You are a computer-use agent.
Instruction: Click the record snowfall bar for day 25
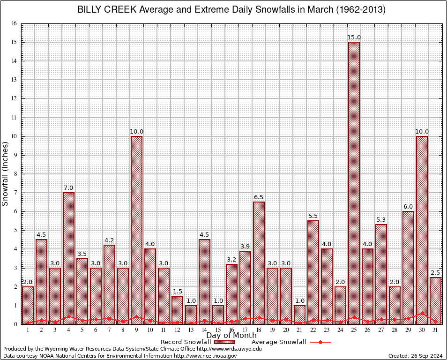[x=354, y=183]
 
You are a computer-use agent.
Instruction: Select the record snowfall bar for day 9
[x=136, y=230]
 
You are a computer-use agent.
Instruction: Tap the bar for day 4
[x=68, y=258]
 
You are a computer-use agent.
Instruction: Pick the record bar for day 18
[x=259, y=262]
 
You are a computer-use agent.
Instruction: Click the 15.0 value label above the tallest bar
[x=354, y=37]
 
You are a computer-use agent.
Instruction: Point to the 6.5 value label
[x=259, y=197]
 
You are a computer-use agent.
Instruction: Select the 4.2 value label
[x=109, y=240]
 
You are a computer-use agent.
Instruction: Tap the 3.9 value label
[x=245, y=247]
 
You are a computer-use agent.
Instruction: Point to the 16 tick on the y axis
[x=14, y=23]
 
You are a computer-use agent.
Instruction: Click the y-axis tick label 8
[x=15, y=174]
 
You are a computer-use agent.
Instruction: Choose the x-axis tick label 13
[x=191, y=330]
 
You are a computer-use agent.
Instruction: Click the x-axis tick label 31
[x=435, y=330]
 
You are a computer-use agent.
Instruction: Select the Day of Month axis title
[x=231, y=336]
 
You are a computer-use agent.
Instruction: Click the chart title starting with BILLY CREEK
[x=231, y=10]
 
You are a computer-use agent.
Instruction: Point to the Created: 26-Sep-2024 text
[x=416, y=356]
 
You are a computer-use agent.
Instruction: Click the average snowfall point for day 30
[x=422, y=313]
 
